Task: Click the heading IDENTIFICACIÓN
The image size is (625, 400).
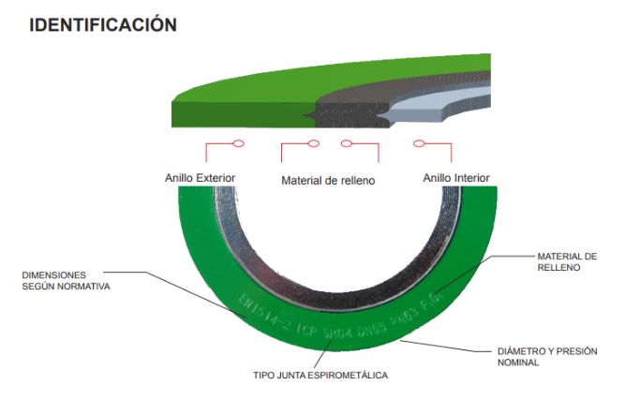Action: click(103, 24)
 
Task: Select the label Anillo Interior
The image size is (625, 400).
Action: click(456, 177)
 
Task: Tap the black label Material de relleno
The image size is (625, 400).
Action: click(328, 180)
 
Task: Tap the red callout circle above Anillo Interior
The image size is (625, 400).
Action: click(419, 144)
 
